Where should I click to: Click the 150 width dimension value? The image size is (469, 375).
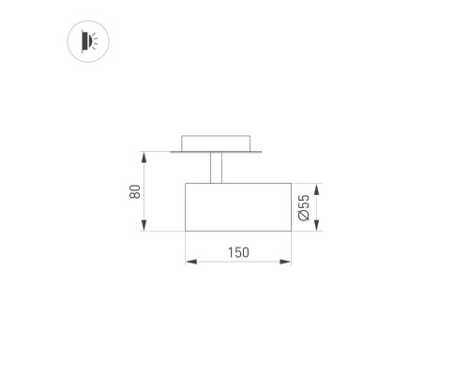click(238, 251)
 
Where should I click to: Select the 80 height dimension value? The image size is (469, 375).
click(135, 190)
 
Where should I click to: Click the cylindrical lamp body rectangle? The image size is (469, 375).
click(238, 205)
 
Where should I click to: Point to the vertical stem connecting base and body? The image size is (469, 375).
click(217, 167)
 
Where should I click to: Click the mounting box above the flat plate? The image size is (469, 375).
click(217, 143)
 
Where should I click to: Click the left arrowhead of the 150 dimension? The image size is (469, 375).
click(189, 262)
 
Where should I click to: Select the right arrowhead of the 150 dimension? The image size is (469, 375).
click(287, 262)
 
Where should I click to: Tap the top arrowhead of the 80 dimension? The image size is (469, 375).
click(143, 155)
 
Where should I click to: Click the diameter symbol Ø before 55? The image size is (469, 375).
click(304, 217)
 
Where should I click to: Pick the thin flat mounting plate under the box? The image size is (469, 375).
click(217, 152)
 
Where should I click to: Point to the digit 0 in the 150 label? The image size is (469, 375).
click(246, 251)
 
